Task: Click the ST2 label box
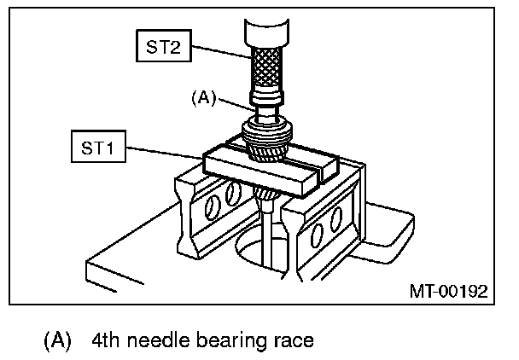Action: tap(164, 46)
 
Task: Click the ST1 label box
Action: tap(99, 146)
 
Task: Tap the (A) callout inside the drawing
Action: tap(204, 98)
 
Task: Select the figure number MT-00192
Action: tap(448, 291)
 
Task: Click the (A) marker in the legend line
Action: tap(57, 340)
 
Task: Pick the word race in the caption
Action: tap(294, 342)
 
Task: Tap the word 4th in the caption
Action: tap(105, 340)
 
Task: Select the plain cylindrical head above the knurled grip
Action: tap(267, 32)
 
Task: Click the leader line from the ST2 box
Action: tap(221, 52)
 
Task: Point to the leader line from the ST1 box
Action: tap(165, 153)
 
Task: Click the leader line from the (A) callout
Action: tap(236, 105)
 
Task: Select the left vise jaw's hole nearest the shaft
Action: tap(233, 193)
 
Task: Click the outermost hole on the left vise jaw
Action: tap(211, 208)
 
